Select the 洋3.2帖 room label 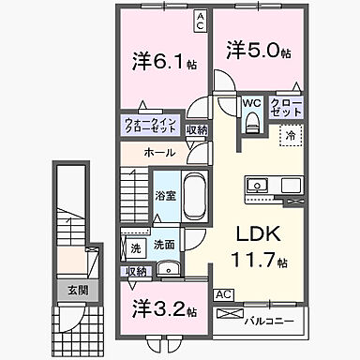tap(159, 307)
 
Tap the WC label tap(250, 103)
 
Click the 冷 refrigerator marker tap(291, 137)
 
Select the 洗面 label tap(165, 244)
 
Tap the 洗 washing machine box tap(136, 249)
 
